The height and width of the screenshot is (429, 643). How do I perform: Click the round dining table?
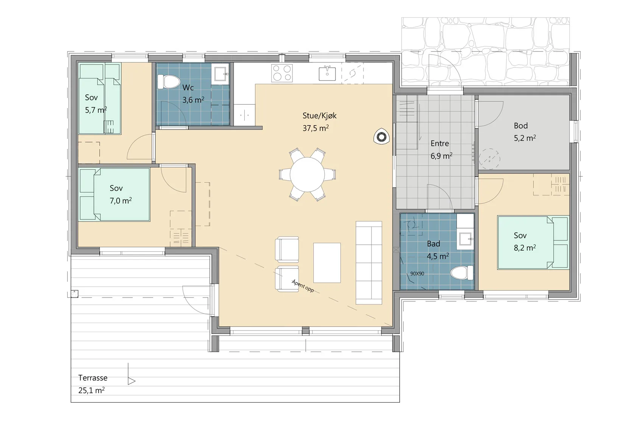(307, 175)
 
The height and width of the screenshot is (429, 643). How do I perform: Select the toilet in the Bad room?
(461, 273)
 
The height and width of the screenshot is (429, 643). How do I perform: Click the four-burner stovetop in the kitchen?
(282, 73)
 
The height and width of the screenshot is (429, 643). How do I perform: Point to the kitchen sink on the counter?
(327, 73)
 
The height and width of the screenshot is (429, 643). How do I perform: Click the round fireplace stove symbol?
(381, 137)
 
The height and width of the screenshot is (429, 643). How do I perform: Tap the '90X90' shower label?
(417, 273)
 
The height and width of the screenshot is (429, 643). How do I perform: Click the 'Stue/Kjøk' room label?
(320, 115)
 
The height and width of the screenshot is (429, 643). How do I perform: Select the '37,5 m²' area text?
(315, 128)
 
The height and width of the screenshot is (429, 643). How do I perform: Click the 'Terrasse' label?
(93, 378)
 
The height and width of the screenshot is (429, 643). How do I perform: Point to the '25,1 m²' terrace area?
(91, 390)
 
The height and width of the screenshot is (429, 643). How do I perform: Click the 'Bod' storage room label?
(521, 126)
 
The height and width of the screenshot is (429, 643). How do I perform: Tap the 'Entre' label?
(440, 144)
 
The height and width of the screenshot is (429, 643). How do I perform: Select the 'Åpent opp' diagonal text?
(303, 286)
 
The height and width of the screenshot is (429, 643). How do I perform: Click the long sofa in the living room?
(369, 263)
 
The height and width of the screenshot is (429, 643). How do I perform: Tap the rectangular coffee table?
(327, 263)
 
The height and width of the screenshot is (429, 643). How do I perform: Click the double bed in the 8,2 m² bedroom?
(533, 243)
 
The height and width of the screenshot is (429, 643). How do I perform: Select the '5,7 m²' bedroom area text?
(96, 110)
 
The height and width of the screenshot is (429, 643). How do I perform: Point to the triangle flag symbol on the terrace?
(131, 381)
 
